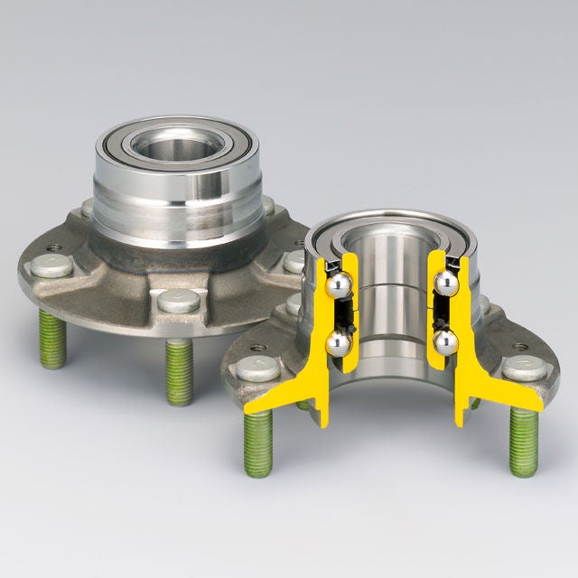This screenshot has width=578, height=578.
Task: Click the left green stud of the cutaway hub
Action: [x=257, y=444]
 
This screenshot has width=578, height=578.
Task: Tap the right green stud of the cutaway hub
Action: [x=524, y=443]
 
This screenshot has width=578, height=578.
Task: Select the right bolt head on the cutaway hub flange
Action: [x=526, y=368]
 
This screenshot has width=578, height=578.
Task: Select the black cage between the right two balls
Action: [x=442, y=313]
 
